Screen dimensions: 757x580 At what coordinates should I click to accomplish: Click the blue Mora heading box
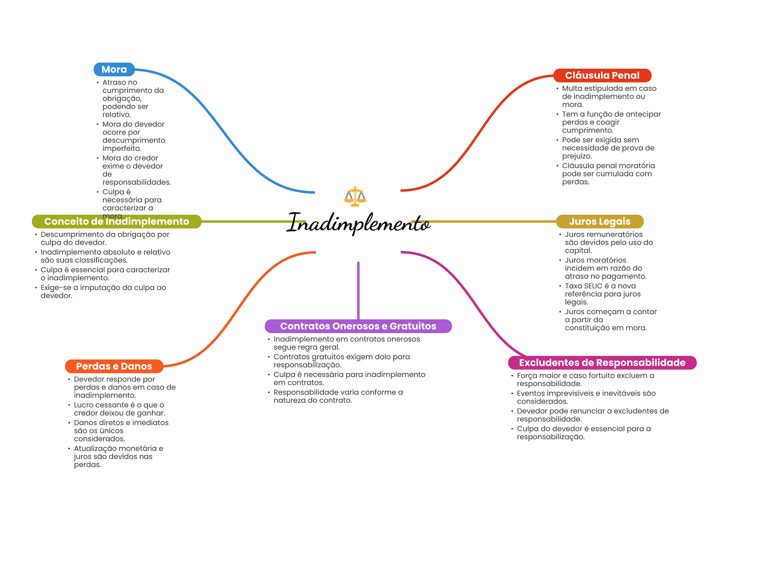pyautogui.click(x=114, y=69)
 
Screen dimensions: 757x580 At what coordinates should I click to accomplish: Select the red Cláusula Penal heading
pyautogui.click(x=602, y=75)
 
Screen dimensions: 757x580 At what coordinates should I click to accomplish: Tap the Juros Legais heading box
pyautogui.click(x=600, y=221)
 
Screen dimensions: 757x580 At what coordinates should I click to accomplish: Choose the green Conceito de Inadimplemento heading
pyautogui.click(x=116, y=221)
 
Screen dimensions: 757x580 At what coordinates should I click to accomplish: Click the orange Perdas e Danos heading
pyautogui.click(x=114, y=366)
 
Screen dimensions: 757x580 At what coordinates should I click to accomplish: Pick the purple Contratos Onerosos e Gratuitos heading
pyautogui.click(x=358, y=326)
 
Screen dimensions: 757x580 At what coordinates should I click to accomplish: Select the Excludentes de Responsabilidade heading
pyautogui.click(x=602, y=363)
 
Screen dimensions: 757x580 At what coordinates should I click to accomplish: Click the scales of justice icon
pyautogui.click(x=355, y=196)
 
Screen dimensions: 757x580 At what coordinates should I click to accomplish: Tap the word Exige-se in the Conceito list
pyautogui.click(x=55, y=288)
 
